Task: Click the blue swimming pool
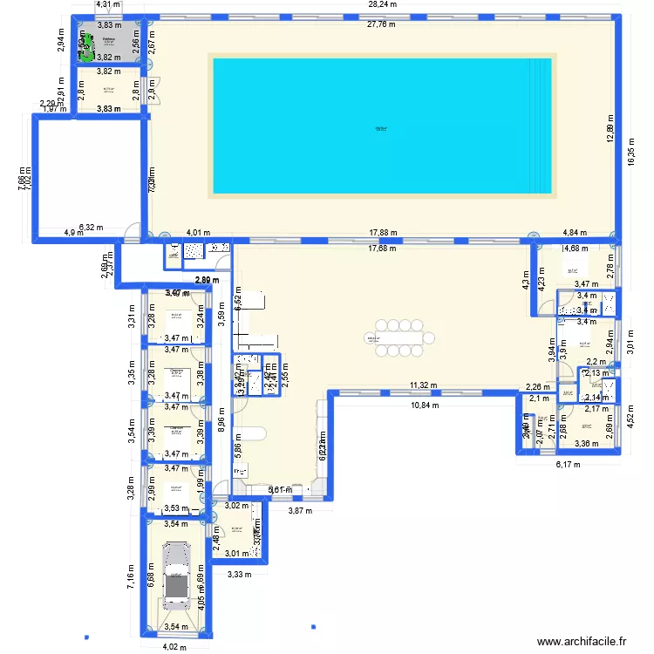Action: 381,125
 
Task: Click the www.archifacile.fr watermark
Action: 582,642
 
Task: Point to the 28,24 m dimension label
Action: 382,4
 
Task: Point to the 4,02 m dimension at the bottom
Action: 177,646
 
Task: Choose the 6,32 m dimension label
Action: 91,228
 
